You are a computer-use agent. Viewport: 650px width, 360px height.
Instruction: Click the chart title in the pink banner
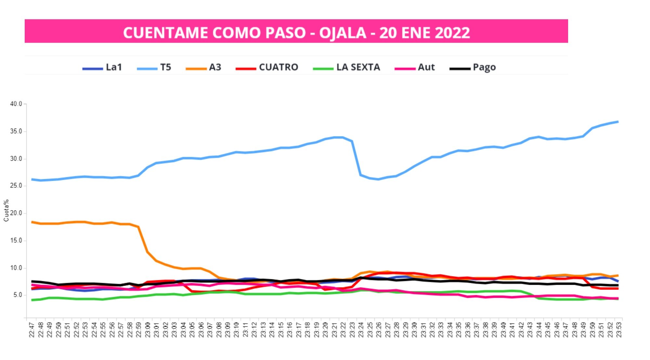point(296,32)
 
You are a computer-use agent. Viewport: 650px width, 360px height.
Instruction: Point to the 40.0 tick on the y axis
point(16,104)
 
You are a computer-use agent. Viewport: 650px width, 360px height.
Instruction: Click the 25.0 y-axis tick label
point(16,186)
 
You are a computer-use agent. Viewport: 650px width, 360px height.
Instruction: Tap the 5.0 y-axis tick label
point(18,295)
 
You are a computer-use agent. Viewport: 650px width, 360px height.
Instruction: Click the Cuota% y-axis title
point(6,211)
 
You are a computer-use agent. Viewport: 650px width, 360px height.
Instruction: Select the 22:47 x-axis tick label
point(32,329)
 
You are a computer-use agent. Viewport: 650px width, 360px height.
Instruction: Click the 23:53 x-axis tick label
point(618,329)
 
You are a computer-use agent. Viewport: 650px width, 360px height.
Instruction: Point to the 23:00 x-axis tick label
point(147,329)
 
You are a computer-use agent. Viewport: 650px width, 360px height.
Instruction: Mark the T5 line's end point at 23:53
point(618,122)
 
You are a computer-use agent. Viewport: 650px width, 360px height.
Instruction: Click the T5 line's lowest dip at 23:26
point(378,179)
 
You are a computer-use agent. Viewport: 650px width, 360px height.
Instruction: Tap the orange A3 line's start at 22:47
point(32,222)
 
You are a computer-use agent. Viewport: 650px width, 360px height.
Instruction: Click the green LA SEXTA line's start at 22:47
point(32,300)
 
